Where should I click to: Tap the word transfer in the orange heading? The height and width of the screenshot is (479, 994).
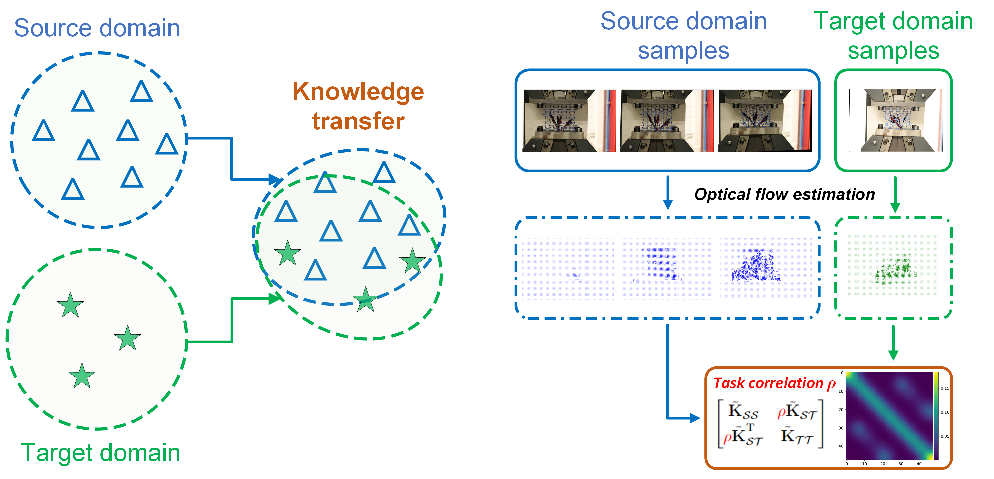pyautogui.click(x=358, y=121)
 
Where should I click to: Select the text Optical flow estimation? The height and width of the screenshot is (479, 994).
pyautogui.click(x=784, y=194)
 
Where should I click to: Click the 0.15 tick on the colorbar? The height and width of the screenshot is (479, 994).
pyautogui.click(x=945, y=388)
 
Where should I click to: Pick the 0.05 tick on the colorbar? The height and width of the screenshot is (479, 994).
pyautogui.click(x=945, y=436)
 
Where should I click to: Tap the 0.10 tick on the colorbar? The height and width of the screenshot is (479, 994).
pyautogui.click(x=945, y=412)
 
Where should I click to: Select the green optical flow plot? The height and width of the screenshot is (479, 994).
pyautogui.click(x=893, y=265)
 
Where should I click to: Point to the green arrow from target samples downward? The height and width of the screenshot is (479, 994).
pyautogui.click(x=895, y=195)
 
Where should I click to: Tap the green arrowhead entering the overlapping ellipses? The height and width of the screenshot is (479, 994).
pyautogui.click(x=274, y=298)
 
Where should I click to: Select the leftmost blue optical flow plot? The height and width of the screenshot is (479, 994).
pyautogui.click(x=568, y=269)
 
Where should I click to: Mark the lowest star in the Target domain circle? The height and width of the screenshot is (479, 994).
pyautogui.click(x=82, y=376)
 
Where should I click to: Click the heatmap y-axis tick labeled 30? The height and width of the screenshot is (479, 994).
pyautogui.click(x=841, y=428)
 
